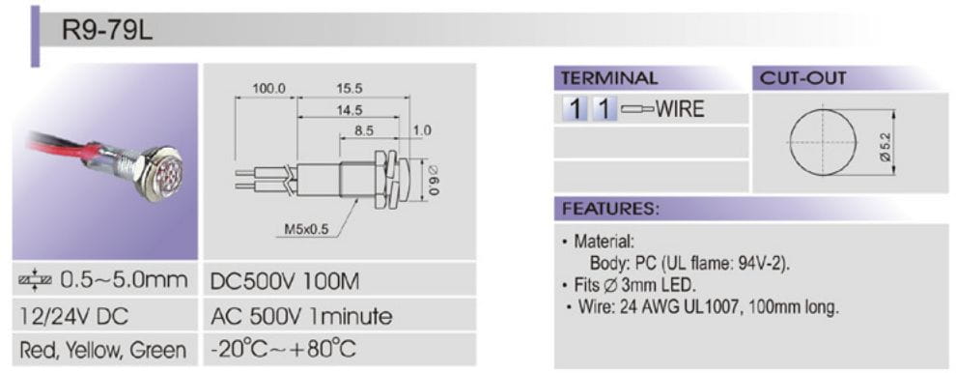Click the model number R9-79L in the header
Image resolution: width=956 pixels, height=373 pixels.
(x=107, y=30)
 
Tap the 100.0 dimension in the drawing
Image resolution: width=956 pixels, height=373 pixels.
(x=268, y=89)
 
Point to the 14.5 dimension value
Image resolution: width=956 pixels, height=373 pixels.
(x=349, y=110)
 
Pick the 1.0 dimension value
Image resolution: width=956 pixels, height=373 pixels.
(x=421, y=130)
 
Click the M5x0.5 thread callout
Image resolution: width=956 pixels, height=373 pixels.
(x=306, y=230)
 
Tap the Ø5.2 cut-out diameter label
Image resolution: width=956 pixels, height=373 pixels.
(x=886, y=147)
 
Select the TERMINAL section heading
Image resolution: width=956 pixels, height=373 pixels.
(x=609, y=78)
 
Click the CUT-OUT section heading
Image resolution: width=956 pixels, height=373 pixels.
(x=803, y=78)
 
